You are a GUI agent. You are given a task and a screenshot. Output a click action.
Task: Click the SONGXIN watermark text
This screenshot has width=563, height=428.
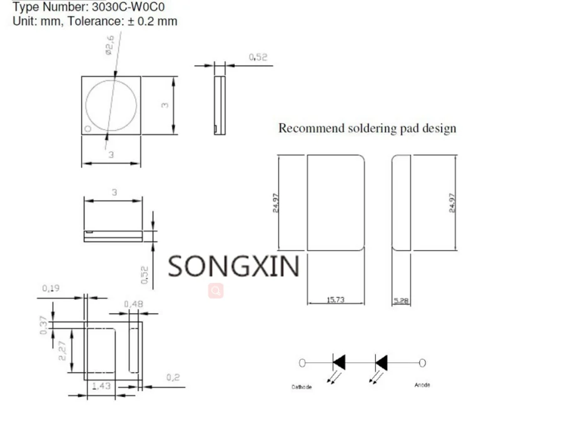(233, 266)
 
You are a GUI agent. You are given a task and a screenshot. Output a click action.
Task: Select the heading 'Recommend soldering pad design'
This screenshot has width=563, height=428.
(367, 129)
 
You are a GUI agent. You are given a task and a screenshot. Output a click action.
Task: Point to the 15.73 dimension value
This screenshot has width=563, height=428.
(336, 300)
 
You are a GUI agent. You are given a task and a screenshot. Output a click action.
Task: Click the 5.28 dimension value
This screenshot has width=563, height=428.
(400, 301)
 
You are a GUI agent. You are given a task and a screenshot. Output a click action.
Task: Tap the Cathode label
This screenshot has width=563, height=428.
(302, 387)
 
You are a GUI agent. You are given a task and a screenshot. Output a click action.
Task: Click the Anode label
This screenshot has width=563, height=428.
(422, 385)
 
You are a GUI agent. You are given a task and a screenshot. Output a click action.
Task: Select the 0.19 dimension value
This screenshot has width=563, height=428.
(51, 288)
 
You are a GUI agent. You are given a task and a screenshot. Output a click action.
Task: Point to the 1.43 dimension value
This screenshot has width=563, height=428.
(101, 386)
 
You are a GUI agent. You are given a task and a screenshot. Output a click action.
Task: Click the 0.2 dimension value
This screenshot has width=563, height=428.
(173, 377)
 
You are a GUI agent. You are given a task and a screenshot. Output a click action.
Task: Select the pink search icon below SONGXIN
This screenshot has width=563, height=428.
(216, 291)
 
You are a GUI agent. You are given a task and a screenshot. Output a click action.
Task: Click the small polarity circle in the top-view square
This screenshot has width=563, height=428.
(88, 129)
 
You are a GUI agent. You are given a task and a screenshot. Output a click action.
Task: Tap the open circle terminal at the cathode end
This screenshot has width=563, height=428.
(302, 362)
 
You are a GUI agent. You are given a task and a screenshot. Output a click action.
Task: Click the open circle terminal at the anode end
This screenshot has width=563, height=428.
(422, 362)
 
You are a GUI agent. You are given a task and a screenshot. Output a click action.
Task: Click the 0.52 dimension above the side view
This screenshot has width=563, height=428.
(258, 57)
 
